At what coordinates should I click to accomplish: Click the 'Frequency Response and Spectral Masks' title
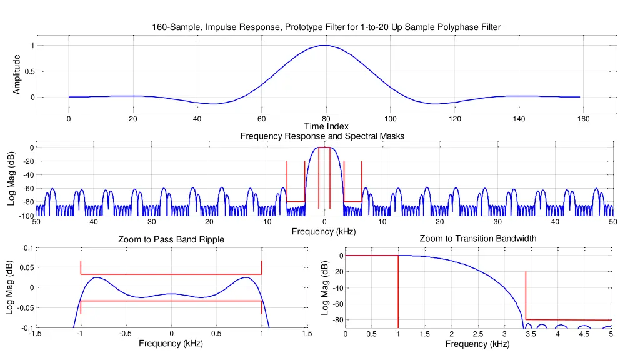[322, 136]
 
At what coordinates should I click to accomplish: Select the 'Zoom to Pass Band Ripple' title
[171, 240]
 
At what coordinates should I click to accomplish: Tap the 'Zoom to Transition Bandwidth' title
[477, 239]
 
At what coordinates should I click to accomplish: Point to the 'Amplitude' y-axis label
[17, 75]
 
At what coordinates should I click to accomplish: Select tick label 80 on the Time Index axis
[326, 119]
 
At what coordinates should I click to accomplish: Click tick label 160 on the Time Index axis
[583, 119]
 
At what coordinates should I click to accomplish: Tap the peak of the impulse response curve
[326, 46]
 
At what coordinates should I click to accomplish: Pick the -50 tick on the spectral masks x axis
[35, 222]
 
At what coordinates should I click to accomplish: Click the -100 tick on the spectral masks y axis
[25, 216]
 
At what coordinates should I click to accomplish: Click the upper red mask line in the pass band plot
[171, 274]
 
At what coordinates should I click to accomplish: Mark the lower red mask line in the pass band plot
[171, 301]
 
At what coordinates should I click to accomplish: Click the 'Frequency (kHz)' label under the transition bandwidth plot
[477, 344]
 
